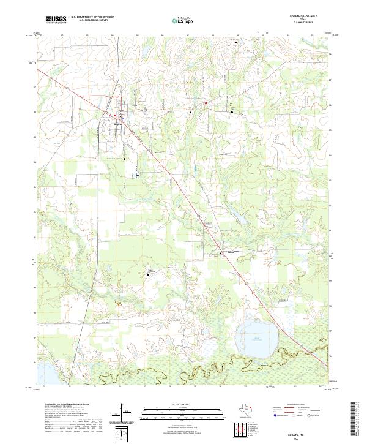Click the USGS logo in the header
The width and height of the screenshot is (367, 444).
pos(56,20)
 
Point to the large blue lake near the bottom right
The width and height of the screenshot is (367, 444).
pos(256,337)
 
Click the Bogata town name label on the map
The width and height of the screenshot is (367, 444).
pos(118,123)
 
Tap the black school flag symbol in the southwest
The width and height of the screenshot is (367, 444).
pos(147,275)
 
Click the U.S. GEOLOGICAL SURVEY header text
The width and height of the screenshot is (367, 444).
pos(90,21)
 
